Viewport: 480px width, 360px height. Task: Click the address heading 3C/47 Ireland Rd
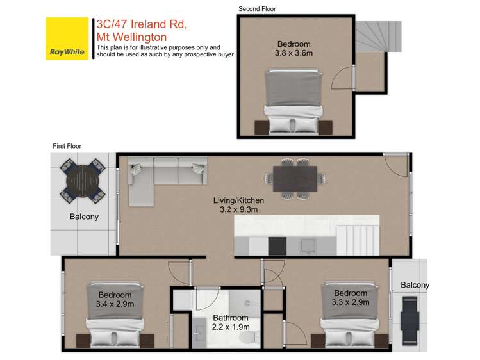(141, 25)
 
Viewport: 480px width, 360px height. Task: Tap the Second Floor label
(257, 8)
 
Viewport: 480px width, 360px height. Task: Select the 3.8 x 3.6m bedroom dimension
(294, 54)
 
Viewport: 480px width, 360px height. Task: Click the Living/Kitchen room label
(238, 200)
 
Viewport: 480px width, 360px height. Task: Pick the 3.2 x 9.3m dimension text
(238, 209)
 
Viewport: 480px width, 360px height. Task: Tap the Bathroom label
(231, 318)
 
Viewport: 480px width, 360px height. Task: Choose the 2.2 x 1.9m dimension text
(231, 327)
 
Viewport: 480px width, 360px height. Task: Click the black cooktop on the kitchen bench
(277, 245)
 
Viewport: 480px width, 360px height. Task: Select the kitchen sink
(306, 245)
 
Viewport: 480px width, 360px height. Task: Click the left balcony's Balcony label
(84, 217)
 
